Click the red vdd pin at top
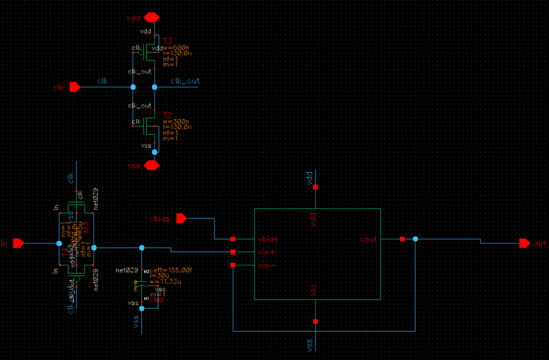(x=151, y=17)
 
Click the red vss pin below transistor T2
(x=151, y=165)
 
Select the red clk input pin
(x=75, y=87)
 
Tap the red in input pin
(x=18, y=243)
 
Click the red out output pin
(x=524, y=243)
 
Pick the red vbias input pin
(x=181, y=218)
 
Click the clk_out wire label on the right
(x=184, y=81)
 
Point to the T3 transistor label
(x=167, y=41)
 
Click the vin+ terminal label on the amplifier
(x=267, y=252)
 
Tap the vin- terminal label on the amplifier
(x=266, y=265)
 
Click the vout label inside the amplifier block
(x=368, y=240)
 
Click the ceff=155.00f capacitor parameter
(x=170, y=270)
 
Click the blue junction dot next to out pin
(x=415, y=239)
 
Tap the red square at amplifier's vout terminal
(x=402, y=239)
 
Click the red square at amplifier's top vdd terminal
(x=315, y=187)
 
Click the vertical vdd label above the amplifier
(x=309, y=178)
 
